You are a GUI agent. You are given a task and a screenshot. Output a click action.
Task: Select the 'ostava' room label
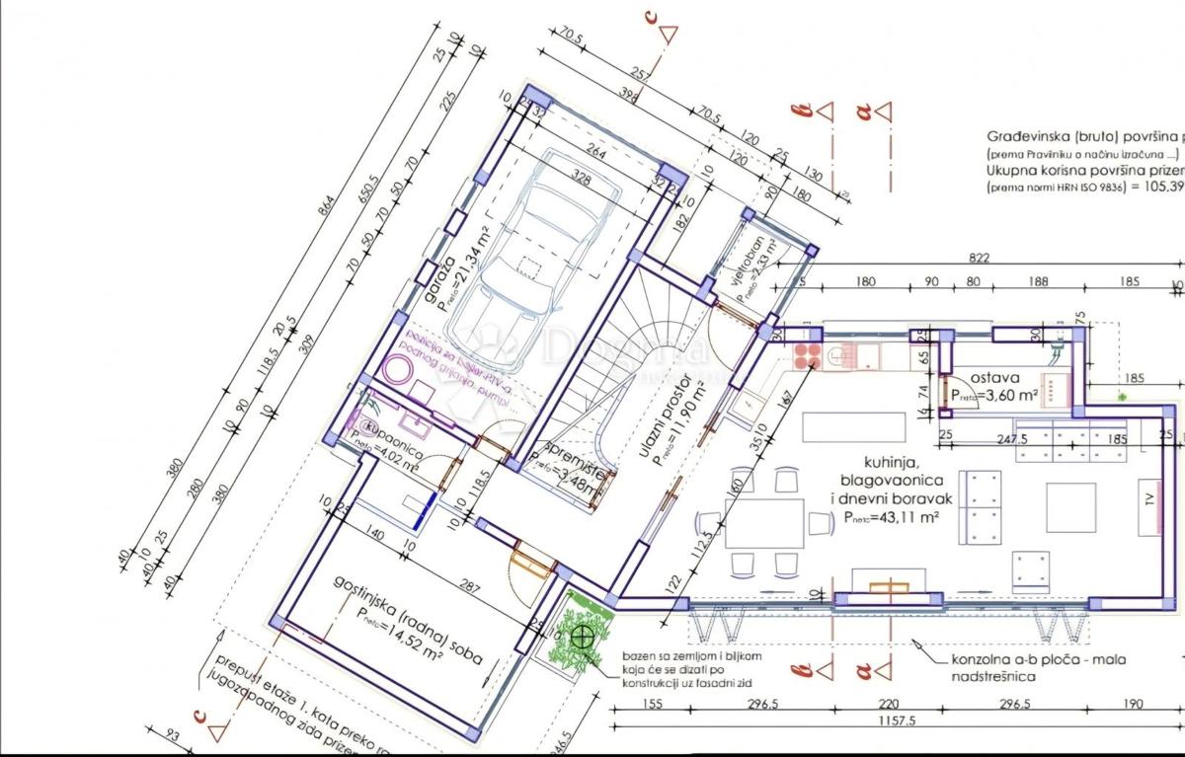994,377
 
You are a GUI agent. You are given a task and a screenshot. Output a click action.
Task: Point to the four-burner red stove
807,351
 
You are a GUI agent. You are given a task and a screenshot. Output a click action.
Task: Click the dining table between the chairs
765,522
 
